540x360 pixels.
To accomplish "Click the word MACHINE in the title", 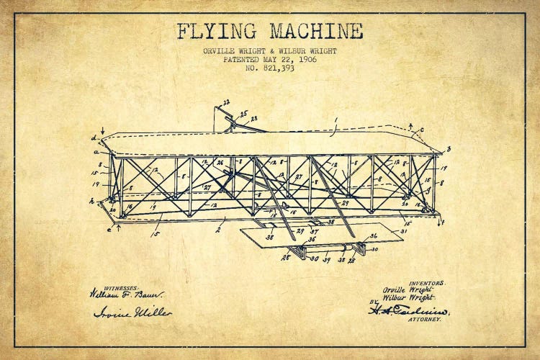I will click(x=316, y=32).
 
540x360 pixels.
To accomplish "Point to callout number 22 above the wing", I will click(x=226, y=102).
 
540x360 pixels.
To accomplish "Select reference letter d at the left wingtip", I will click(x=94, y=137).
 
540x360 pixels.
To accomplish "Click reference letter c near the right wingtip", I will click(x=421, y=130).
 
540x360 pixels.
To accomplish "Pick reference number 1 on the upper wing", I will click(x=335, y=120).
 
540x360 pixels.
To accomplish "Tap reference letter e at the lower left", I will click(x=109, y=230).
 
